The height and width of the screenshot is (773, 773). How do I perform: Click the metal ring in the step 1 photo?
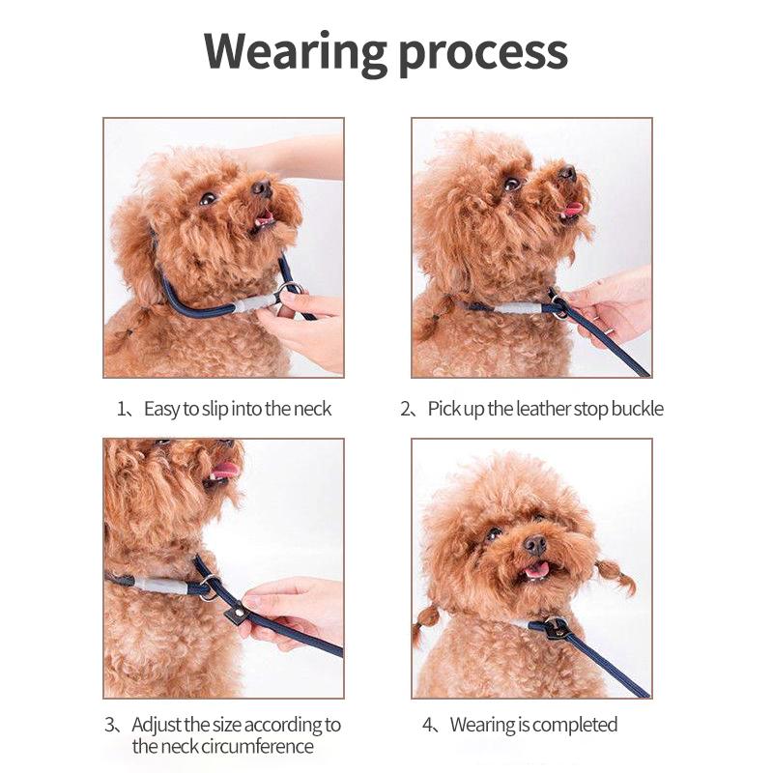[289, 293]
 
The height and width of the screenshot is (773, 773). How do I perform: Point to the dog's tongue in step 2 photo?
[573, 209]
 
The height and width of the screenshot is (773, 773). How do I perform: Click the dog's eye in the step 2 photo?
[512, 183]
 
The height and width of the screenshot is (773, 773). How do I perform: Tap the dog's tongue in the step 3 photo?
[225, 471]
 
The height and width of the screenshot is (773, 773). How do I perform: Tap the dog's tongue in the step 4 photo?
[536, 570]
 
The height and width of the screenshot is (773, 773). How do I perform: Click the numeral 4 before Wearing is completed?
[426, 725]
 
